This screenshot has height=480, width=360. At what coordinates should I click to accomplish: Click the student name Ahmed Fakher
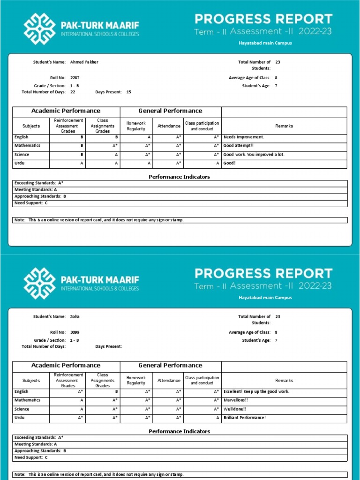coord(84,62)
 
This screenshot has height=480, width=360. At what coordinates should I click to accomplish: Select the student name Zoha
coord(75,316)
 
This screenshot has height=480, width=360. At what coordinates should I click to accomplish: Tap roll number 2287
coord(75,78)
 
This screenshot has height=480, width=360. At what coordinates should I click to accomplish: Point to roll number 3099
coord(75,332)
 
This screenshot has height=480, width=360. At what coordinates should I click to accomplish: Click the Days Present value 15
coord(128,92)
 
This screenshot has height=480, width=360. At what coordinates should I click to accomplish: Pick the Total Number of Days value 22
coord(73,92)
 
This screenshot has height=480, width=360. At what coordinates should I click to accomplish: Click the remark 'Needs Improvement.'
coord(244,137)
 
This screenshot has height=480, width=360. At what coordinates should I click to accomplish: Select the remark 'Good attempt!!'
coord(238,146)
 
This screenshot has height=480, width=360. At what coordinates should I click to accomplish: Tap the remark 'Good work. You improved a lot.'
coord(254,155)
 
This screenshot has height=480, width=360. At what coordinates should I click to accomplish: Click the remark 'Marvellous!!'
coord(236,400)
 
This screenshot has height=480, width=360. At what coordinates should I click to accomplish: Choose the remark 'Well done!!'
coord(235,409)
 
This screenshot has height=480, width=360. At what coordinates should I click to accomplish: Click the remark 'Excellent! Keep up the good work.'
coord(256,391)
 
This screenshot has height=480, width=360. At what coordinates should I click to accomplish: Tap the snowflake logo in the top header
coord(40,29)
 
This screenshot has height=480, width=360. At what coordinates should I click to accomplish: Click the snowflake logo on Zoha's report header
coord(40,283)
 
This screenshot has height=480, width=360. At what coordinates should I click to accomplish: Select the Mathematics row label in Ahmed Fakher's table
coord(27,146)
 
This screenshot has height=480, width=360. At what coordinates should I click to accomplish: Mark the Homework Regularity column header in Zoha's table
coord(136,381)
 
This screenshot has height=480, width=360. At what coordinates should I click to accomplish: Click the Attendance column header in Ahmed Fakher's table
coord(169,126)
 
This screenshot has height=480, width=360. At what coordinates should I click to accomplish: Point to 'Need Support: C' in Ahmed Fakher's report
coord(31,203)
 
